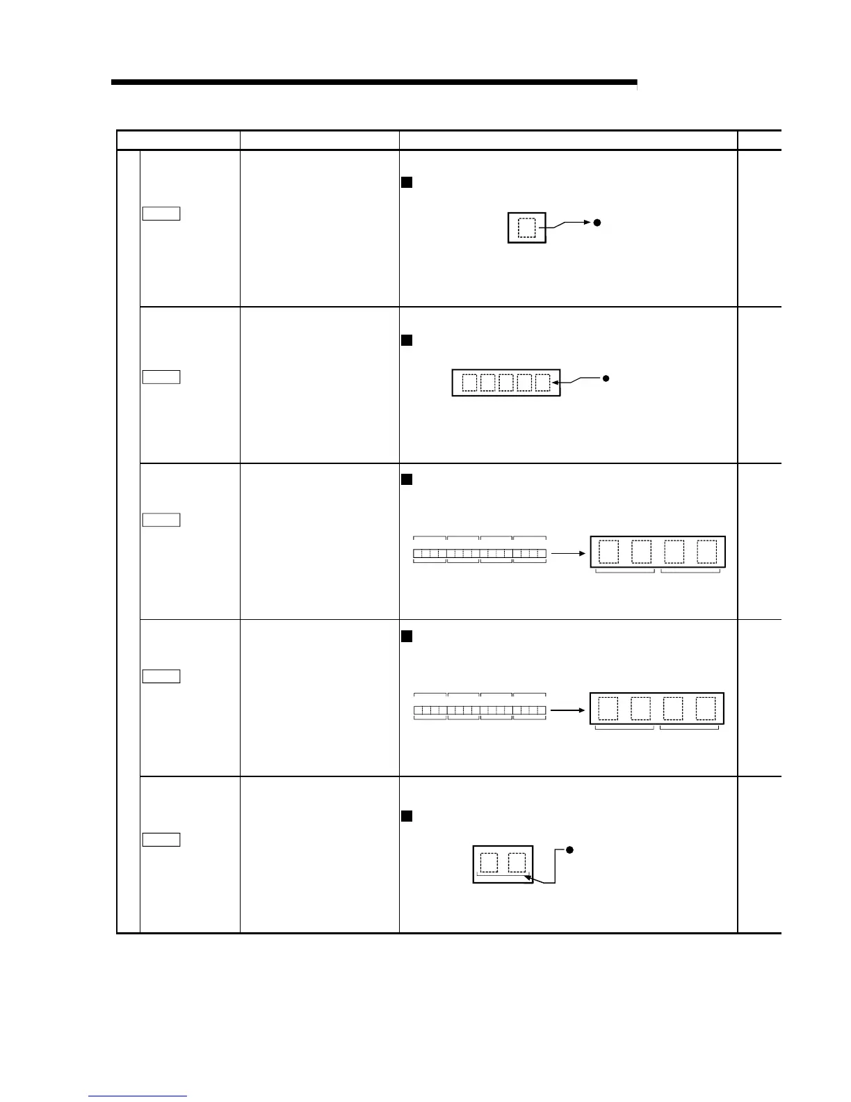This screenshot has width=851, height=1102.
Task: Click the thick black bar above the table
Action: click(x=374, y=82)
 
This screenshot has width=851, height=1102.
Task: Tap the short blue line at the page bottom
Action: click(x=138, y=1096)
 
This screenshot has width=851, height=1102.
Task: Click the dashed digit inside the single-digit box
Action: click(x=527, y=227)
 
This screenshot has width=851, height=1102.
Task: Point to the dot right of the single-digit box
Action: click(x=597, y=223)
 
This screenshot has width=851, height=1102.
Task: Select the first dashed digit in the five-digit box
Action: click(x=470, y=383)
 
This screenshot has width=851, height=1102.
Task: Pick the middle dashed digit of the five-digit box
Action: click(x=506, y=383)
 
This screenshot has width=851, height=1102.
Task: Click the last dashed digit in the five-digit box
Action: click(x=543, y=383)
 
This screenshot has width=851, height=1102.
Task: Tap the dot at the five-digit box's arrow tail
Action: click(x=606, y=378)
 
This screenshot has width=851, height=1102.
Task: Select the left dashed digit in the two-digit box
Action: click(x=489, y=863)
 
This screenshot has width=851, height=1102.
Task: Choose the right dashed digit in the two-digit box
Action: click(x=517, y=863)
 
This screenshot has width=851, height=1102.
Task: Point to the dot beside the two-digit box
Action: click(x=569, y=849)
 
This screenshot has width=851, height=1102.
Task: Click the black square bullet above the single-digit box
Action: click(x=407, y=182)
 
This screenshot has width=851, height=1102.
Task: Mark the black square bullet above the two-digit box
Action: click(x=407, y=816)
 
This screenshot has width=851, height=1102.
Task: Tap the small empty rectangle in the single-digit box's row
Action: click(x=161, y=214)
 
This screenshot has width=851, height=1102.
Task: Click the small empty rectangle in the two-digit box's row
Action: click(x=161, y=840)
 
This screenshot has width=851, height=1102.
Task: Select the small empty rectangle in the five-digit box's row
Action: click(x=161, y=377)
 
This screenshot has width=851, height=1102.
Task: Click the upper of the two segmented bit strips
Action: click(x=480, y=554)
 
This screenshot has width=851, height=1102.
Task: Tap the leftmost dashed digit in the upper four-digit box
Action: click(x=608, y=552)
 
